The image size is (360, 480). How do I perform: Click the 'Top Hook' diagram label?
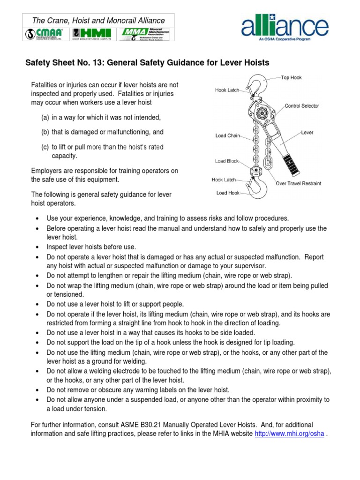tap(291, 77)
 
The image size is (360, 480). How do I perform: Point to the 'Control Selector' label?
tap(302, 106)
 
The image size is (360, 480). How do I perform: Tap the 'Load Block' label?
tap(227, 161)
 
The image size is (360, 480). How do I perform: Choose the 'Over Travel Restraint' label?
tap(299, 183)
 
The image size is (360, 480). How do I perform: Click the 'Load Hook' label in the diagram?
tap(228, 193)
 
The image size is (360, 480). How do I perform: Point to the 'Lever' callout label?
tap(307, 133)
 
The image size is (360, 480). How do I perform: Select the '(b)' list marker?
tap(45, 132)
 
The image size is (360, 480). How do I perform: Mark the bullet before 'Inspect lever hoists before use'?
tap(37, 247)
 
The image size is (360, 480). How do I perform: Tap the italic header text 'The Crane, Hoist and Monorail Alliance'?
tap(98, 21)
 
